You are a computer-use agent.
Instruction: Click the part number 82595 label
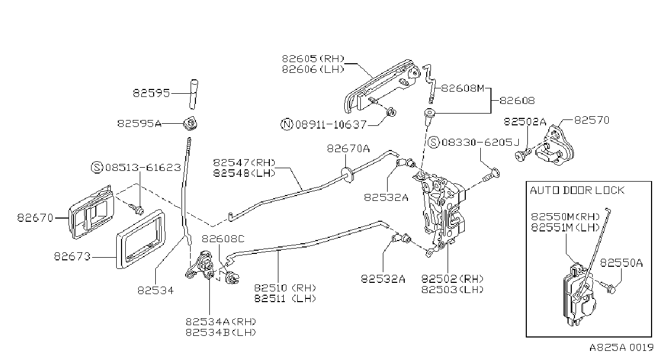[x=152, y=93]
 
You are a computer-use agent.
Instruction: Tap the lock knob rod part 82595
[x=194, y=94]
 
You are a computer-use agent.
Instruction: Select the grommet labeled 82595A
[x=191, y=123]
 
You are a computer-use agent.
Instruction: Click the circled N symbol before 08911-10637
[x=287, y=124]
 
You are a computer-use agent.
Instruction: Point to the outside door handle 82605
[x=382, y=87]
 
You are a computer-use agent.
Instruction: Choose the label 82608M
[x=463, y=88]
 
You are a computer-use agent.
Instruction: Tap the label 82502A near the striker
[x=525, y=122]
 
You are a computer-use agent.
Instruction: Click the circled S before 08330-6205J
[x=434, y=142]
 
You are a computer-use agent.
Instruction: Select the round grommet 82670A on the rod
[x=346, y=175]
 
